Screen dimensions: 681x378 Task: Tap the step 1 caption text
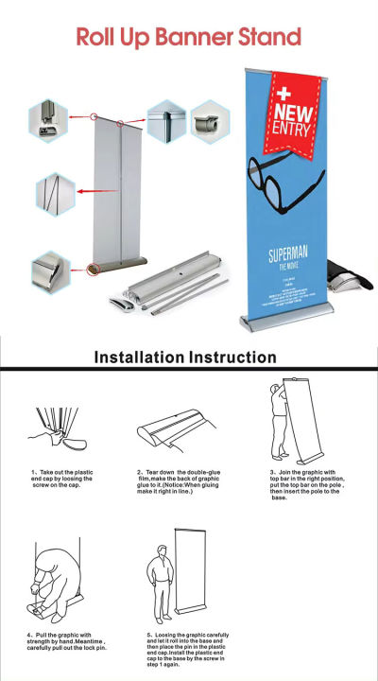click(60, 479)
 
